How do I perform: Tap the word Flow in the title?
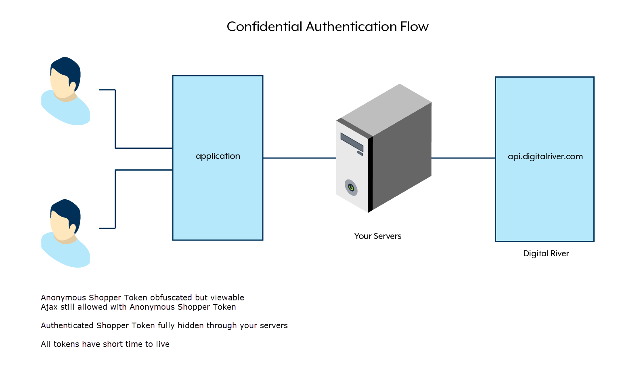tap(414, 27)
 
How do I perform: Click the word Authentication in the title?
tap(351, 27)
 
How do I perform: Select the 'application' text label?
tap(218, 156)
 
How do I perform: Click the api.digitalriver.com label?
tap(545, 156)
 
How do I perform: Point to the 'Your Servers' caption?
tap(377, 236)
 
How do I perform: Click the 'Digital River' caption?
tap(546, 253)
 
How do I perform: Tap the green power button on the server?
tap(351, 188)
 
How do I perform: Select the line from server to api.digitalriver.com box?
tap(463, 158)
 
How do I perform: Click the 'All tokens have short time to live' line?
tap(105, 344)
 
